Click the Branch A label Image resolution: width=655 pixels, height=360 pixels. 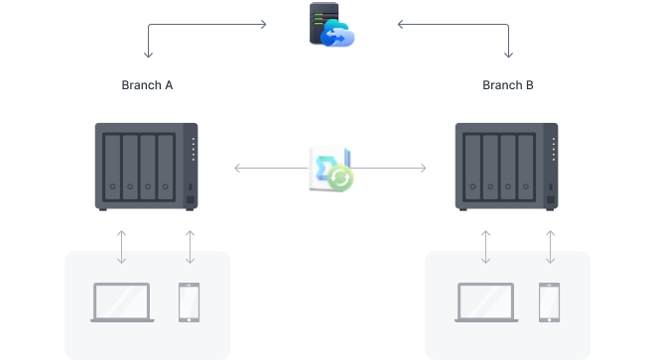click(x=147, y=85)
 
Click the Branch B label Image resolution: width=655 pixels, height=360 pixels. click(x=508, y=85)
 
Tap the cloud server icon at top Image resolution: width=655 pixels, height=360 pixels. click(x=329, y=26)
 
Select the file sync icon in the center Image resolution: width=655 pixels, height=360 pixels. click(x=329, y=168)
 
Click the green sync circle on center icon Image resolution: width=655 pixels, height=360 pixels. click(x=341, y=178)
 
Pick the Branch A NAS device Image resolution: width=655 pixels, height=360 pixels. click(x=146, y=166)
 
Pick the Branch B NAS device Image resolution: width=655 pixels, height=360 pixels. click(x=506, y=166)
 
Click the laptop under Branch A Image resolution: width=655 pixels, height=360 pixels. click(x=121, y=302)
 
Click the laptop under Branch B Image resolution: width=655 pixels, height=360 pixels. click(x=485, y=302)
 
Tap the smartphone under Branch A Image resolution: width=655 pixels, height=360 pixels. click(x=189, y=302)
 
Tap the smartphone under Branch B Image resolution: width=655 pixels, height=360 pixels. click(x=549, y=302)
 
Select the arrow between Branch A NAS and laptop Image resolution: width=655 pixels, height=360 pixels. click(x=121, y=247)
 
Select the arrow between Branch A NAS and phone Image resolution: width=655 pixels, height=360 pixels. click(x=189, y=247)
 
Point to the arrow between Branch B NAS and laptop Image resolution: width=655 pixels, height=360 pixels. click(x=485, y=247)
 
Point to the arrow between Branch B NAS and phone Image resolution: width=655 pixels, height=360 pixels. click(x=549, y=247)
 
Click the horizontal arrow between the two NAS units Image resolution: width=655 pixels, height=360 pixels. click(x=268, y=169)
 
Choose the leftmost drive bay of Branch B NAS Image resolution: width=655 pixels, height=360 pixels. click(x=474, y=166)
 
